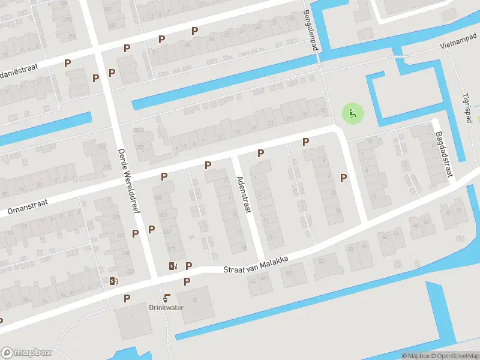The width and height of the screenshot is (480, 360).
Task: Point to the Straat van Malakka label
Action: point(256,265)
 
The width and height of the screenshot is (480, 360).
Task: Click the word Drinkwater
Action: point(166,307)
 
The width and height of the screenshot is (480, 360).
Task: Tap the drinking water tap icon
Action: point(166,297)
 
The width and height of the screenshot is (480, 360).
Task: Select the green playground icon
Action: point(353,112)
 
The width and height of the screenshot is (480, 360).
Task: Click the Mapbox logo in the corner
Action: point(26,353)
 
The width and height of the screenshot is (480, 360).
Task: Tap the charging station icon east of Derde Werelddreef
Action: point(173,266)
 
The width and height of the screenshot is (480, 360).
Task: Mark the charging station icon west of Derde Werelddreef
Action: point(113,280)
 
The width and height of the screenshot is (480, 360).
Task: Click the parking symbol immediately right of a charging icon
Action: point(188,266)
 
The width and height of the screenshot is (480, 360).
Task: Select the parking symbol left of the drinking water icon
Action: point(127,298)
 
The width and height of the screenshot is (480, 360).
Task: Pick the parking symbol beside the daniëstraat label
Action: point(67,62)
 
